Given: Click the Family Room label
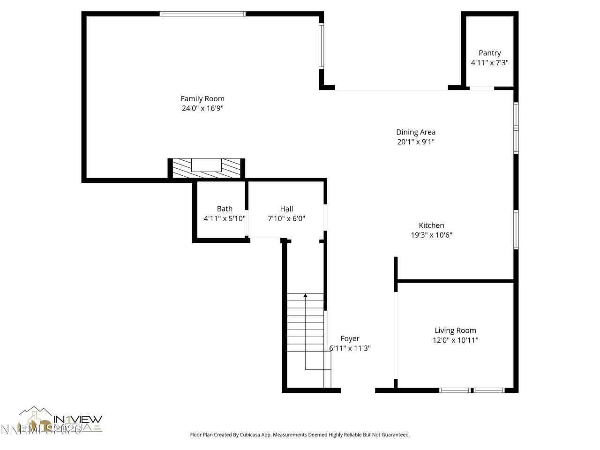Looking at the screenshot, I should coord(202,98).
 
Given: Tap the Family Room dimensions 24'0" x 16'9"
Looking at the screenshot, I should coord(202,108).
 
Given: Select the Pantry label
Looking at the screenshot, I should coord(489,53).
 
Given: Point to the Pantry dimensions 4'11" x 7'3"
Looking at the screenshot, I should coord(489,62).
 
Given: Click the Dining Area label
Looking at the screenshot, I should coord(416,132).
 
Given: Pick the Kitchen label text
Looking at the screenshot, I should coord(431,225).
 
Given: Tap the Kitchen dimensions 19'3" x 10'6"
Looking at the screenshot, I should coord(431,235).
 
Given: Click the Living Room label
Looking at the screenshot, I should coord(455,330).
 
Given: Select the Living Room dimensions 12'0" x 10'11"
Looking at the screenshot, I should coord(455,340).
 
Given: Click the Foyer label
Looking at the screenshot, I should coord(350,338).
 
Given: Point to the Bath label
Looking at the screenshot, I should coord(225,209).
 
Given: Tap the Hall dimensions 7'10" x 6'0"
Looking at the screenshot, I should coord(286,218).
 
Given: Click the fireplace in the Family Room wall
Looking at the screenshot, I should coord(206,168).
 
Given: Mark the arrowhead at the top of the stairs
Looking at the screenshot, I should coord(305,295).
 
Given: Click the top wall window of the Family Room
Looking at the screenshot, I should coord(202,14).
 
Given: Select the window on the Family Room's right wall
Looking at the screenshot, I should coord(322,46).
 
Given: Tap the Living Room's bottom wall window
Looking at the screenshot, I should coord(472,390).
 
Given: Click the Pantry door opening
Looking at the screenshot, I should coord(482,88).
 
